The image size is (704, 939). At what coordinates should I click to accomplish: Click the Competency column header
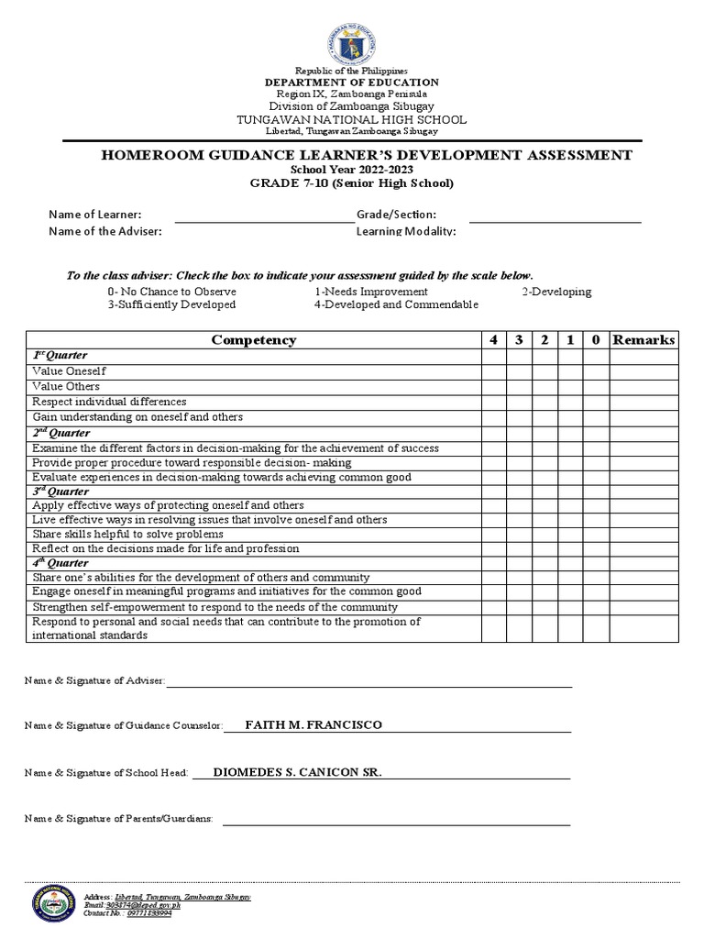[253, 339]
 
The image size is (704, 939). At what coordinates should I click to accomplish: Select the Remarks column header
[643, 339]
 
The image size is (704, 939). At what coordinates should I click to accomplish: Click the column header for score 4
[493, 339]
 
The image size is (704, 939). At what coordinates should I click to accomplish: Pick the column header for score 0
[595, 339]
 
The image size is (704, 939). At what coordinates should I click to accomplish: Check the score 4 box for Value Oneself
[493, 371]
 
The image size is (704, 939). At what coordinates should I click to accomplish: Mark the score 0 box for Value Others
[595, 386]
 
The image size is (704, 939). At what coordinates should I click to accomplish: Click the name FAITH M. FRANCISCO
[313, 725]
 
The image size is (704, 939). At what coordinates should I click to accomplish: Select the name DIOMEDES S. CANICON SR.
[297, 772]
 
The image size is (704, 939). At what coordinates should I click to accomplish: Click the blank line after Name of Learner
[264, 221]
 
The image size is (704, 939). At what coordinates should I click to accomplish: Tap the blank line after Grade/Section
[555, 221]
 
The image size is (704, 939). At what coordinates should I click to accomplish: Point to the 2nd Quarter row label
[60, 432]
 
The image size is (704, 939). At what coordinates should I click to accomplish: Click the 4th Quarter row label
[60, 563]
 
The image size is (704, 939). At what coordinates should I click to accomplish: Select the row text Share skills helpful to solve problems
[127, 534]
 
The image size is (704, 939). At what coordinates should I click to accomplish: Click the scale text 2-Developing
[556, 292]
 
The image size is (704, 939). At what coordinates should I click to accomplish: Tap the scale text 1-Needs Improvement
[371, 292]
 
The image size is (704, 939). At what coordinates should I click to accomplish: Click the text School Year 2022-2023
[352, 170]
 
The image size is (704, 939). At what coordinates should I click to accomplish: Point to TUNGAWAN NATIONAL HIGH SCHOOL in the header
[352, 119]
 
